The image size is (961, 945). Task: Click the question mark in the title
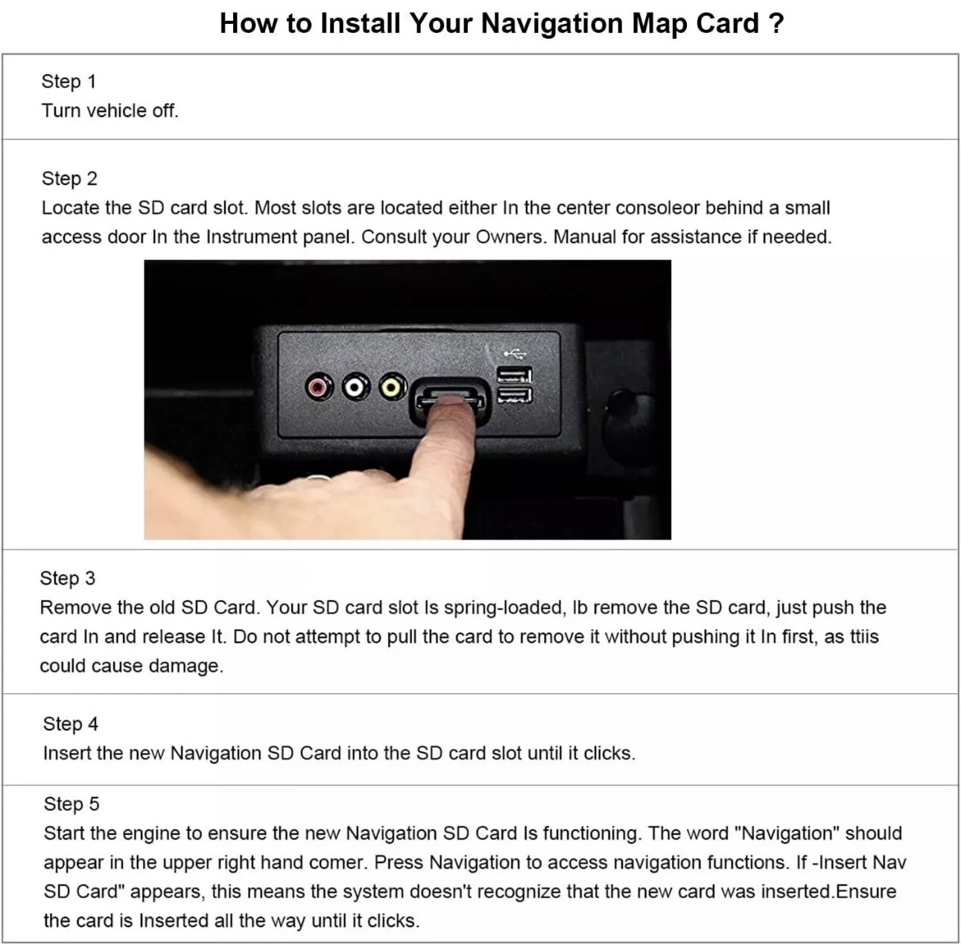775,24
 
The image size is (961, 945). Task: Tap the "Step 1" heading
69,81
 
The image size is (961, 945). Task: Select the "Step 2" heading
69,178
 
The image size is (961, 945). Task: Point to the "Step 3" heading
68,578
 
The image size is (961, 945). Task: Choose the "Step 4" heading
71,724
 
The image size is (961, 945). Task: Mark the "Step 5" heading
72,804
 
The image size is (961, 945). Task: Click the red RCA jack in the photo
319,387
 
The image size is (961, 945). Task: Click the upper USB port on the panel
515,375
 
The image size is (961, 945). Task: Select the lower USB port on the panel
515,395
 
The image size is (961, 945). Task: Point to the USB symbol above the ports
514,353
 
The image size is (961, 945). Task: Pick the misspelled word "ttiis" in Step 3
864,636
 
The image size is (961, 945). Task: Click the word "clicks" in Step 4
609,753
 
